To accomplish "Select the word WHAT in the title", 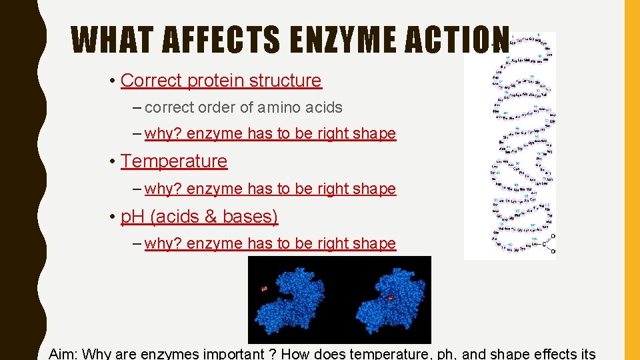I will point(112,40).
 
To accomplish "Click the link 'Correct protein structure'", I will point(221,81).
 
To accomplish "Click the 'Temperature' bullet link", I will point(174,161).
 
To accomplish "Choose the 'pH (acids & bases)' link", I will point(199,217).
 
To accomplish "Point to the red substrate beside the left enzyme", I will point(265,289).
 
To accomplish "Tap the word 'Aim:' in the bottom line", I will point(63,353).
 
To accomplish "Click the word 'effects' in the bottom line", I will point(555,353).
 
